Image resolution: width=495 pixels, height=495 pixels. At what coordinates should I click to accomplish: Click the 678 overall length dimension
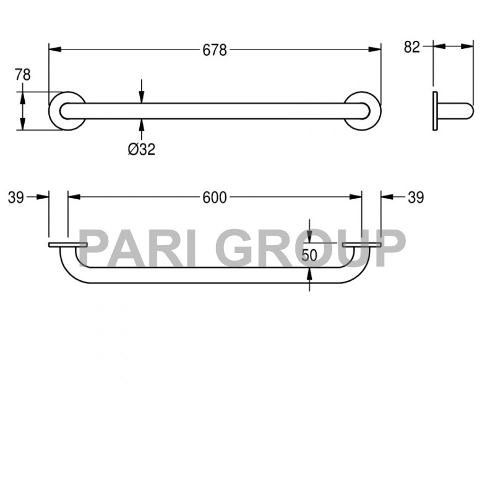[x=215, y=50]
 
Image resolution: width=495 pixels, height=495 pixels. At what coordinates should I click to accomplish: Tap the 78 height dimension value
[x=23, y=75]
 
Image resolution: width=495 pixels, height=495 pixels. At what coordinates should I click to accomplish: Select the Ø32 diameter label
[x=142, y=149]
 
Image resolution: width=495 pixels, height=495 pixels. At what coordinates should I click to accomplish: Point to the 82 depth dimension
[x=412, y=47]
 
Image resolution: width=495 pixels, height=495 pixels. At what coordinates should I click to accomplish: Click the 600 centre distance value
[x=215, y=197]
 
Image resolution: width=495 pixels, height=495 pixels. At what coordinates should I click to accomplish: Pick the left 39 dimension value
[x=16, y=197]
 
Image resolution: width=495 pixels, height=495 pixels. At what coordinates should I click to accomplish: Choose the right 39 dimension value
[x=416, y=197]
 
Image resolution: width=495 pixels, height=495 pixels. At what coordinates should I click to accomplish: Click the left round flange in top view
[x=66, y=111]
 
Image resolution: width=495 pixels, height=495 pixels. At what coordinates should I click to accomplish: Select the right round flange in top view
[x=363, y=111]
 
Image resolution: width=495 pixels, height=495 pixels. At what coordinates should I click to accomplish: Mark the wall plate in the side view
[x=435, y=111]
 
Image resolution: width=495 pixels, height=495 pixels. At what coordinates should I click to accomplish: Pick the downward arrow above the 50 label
[x=309, y=228]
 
